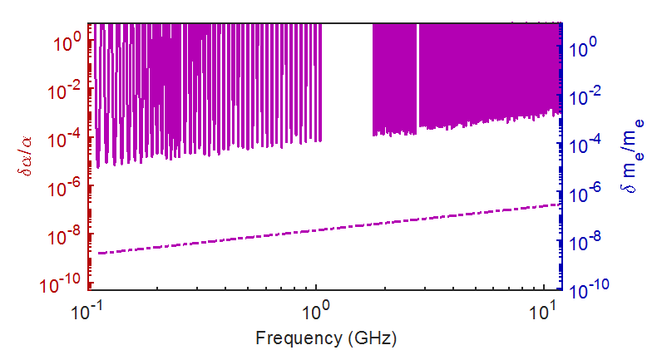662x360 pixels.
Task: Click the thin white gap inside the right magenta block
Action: coord(417,75)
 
